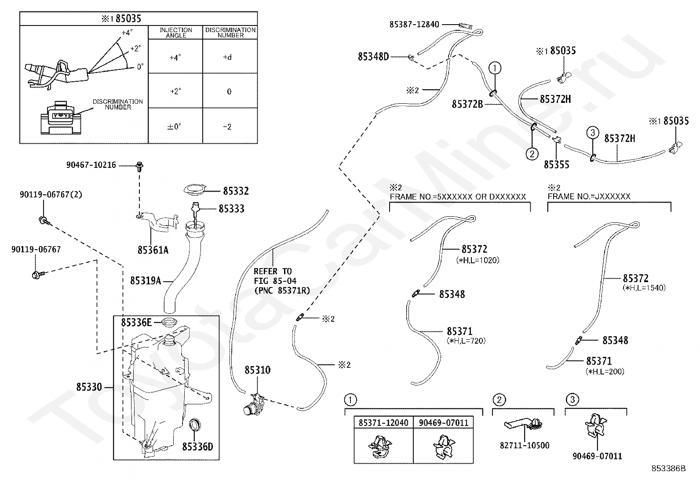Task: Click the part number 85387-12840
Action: tap(414, 24)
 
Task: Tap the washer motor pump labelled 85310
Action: tap(254, 405)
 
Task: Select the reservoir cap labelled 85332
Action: tap(195, 190)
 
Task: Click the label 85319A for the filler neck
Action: tap(145, 281)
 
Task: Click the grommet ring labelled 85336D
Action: tap(195, 425)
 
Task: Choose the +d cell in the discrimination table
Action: tap(227, 57)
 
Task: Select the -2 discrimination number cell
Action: tap(227, 127)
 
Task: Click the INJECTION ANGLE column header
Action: tap(175, 33)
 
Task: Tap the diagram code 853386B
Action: tap(668, 468)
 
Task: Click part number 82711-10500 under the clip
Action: tap(525, 446)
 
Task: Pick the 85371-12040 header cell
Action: tap(383, 423)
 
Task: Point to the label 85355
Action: tap(557, 165)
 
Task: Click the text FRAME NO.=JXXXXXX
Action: tap(589, 196)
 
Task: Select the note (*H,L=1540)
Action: tap(644, 288)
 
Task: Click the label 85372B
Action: tap(467, 104)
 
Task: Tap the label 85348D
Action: tap(373, 57)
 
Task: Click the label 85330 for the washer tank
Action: tap(89, 387)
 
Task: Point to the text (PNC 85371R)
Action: tap(282, 291)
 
